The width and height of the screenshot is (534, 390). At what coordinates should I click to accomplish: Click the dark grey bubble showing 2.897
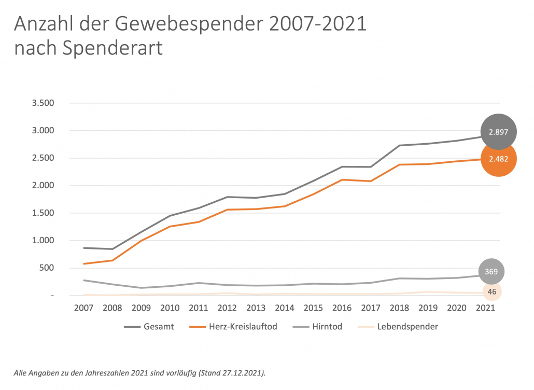(499, 132)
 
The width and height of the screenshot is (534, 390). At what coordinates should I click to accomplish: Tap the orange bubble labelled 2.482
(499, 159)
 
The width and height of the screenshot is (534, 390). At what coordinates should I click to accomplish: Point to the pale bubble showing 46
(491, 292)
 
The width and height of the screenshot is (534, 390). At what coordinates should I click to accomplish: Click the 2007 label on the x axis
(83, 308)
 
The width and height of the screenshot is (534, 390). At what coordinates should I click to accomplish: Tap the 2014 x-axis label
(284, 308)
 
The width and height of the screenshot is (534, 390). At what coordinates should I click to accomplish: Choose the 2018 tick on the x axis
(399, 308)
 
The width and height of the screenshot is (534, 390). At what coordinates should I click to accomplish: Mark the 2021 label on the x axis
(485, 308)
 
